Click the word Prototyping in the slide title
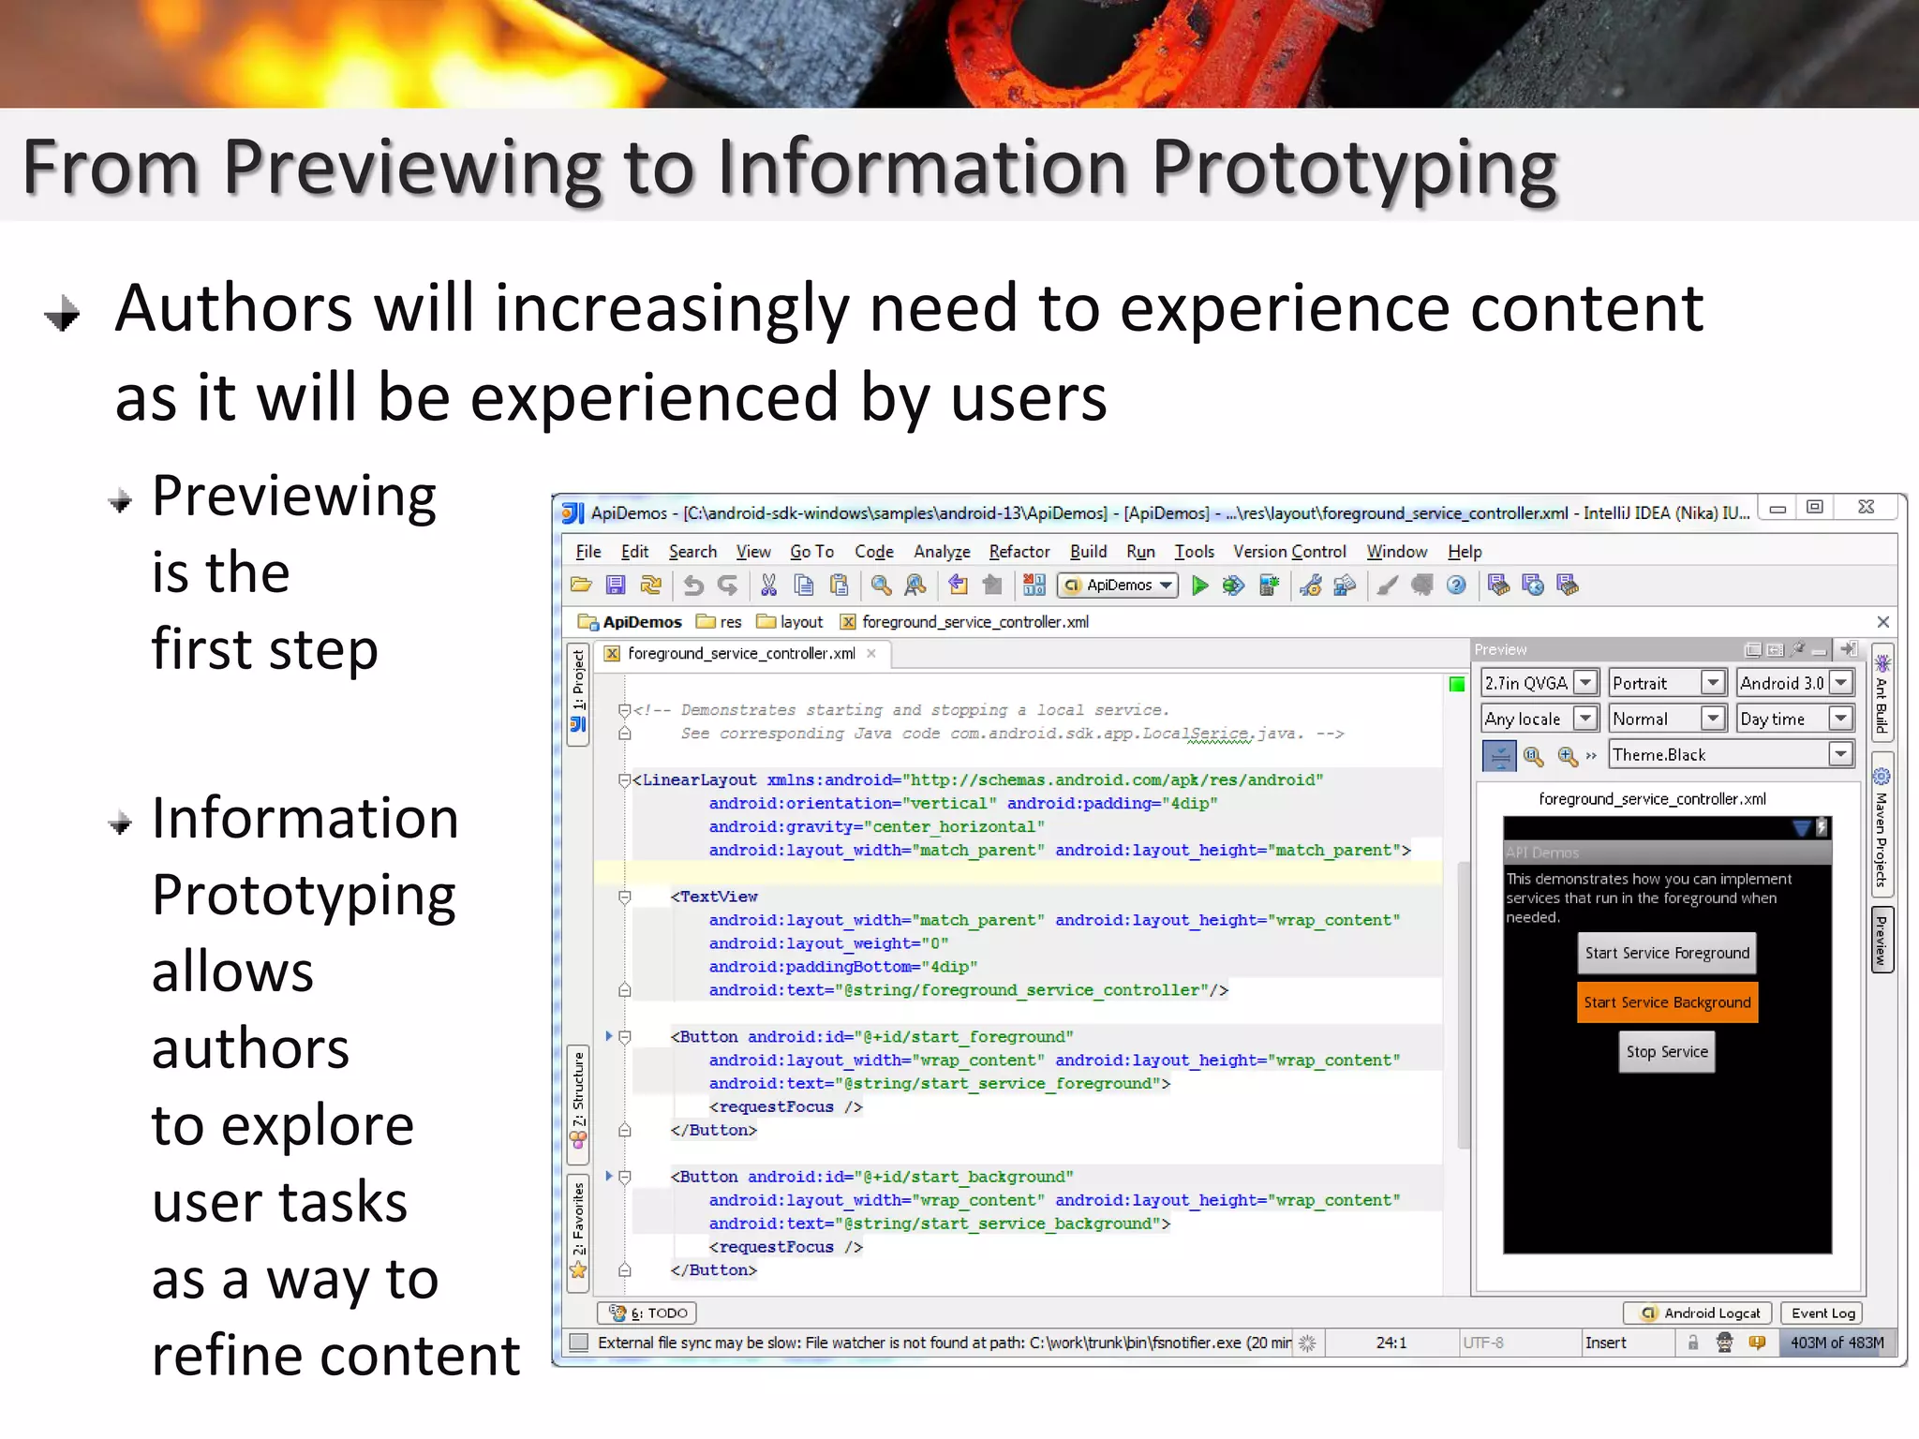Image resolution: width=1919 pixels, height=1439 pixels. (1353, 169)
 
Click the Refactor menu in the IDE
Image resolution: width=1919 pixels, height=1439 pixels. (1019, 552)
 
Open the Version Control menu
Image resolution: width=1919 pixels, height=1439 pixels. (1288, 552)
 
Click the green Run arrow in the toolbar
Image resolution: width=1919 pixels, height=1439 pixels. (1199, 586)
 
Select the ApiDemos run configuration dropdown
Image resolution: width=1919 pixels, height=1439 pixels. (1119, 586)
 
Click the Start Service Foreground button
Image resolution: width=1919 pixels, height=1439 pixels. (1666, 953)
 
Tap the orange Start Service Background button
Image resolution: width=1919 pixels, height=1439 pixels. (1666, 1002)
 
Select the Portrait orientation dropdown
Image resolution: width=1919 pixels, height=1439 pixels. (1666, 683)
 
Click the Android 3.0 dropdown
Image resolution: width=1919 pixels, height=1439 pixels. (1793, 683)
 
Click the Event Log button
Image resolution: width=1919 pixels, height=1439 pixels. (1822, 1313)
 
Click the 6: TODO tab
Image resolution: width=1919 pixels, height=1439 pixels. (648, 1313)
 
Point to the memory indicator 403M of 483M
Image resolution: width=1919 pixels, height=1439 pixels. (1836, 1343)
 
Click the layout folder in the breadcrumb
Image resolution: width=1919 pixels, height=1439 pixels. (791, 622)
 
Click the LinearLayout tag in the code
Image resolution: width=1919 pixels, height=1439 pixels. (698, 780)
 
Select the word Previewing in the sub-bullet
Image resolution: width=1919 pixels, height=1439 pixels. (293, 497)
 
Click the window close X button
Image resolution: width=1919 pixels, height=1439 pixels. (1866, 507)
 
